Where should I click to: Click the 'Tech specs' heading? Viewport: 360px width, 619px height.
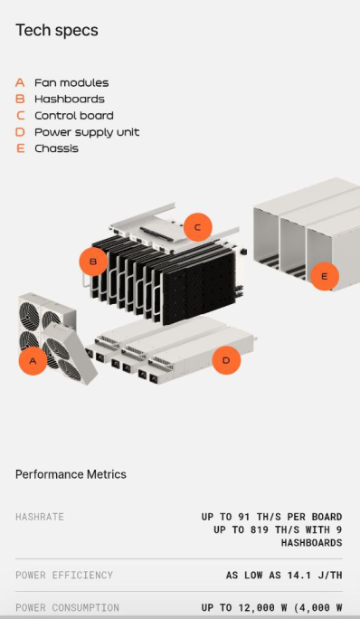click(x=57, y=30)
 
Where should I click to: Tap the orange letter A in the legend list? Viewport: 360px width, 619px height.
click(x=20, y=82)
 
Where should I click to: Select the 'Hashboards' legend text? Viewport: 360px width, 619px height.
click(x=69, y=99)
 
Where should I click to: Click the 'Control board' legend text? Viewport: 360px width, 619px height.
click(x=74, y=116)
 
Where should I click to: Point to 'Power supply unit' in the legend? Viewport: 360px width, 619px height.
click(x=87, y=132)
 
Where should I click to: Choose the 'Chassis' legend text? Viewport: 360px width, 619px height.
click(x=56, y=148)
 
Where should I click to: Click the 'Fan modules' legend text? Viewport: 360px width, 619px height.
click(x=71, y=82)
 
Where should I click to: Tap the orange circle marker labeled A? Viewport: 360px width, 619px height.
click(x=33, y=361)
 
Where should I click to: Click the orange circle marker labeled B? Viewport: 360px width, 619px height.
click(x=93, y=262)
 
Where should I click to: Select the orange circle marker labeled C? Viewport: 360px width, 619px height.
click(x=197, y=227)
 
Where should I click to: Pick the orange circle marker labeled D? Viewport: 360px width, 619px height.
click(x=226, y=361)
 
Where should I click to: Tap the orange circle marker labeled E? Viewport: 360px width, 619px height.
click(x=325, y=275)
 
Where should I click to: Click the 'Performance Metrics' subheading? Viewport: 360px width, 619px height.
click(x=71, y=474)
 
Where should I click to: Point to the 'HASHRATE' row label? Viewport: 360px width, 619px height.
click(x=40, y=517)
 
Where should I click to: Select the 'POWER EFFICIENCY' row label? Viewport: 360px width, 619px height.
click(x=64, y=575)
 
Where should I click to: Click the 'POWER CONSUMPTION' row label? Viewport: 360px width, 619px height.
click(x=67, y=607)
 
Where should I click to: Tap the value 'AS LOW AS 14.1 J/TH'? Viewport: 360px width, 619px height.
click(x=283, y=575)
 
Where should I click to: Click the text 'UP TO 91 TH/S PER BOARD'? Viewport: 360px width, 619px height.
click(x=271, y=517)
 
